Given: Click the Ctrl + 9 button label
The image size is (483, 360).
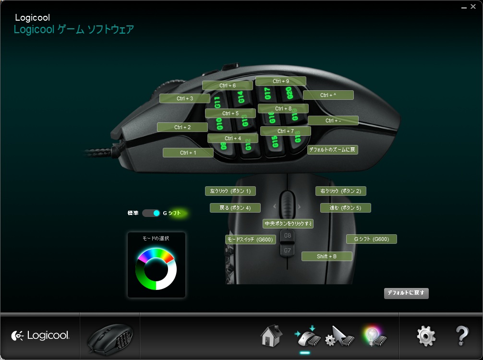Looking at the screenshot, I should click(280, 81).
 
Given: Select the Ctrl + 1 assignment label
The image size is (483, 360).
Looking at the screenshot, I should click(188, 153).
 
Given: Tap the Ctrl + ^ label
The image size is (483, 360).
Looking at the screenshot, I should click(328, 95).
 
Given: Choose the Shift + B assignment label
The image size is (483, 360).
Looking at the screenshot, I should click(326, 256).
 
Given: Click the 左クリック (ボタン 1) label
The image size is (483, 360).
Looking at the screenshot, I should click(230, 191).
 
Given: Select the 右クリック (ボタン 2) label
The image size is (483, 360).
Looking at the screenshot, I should click(340, 191).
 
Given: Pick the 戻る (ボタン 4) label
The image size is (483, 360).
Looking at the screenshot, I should click(235, 208).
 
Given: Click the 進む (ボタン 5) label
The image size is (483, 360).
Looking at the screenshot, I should click(345, 208).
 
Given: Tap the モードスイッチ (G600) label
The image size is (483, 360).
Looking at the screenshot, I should click(250, 239).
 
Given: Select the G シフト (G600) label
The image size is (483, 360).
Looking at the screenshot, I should click(371, 239).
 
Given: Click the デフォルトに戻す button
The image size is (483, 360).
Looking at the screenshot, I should click(406, 293).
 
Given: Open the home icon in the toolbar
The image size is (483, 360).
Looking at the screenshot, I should click(271, 336).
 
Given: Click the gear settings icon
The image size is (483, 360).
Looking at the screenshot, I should click(426, 336).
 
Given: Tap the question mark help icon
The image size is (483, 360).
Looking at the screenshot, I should click(461, 336).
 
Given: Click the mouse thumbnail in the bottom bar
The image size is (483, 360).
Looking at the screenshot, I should click(109, 336).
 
